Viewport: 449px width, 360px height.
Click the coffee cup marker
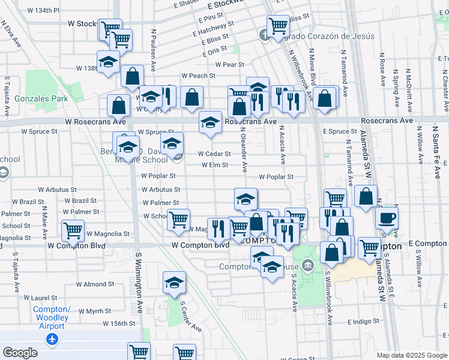[x=387, y=217]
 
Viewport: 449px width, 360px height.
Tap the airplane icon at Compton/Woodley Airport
[x=52, y=339]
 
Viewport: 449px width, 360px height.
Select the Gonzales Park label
[x=41, y=98]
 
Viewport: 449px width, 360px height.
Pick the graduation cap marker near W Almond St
[x=174, y=282]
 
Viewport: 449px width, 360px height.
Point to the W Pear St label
[x=226, y=64]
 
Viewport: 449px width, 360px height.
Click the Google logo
[x=20, y=353]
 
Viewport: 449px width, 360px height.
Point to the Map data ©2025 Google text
[x=412, y=355]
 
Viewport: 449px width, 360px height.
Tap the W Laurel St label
[x=41, y=297]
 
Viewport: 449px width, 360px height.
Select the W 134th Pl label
[x=40, y=11]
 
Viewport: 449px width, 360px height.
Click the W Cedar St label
[x=214, y=154]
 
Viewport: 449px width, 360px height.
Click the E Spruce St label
[x=340, y=131]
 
